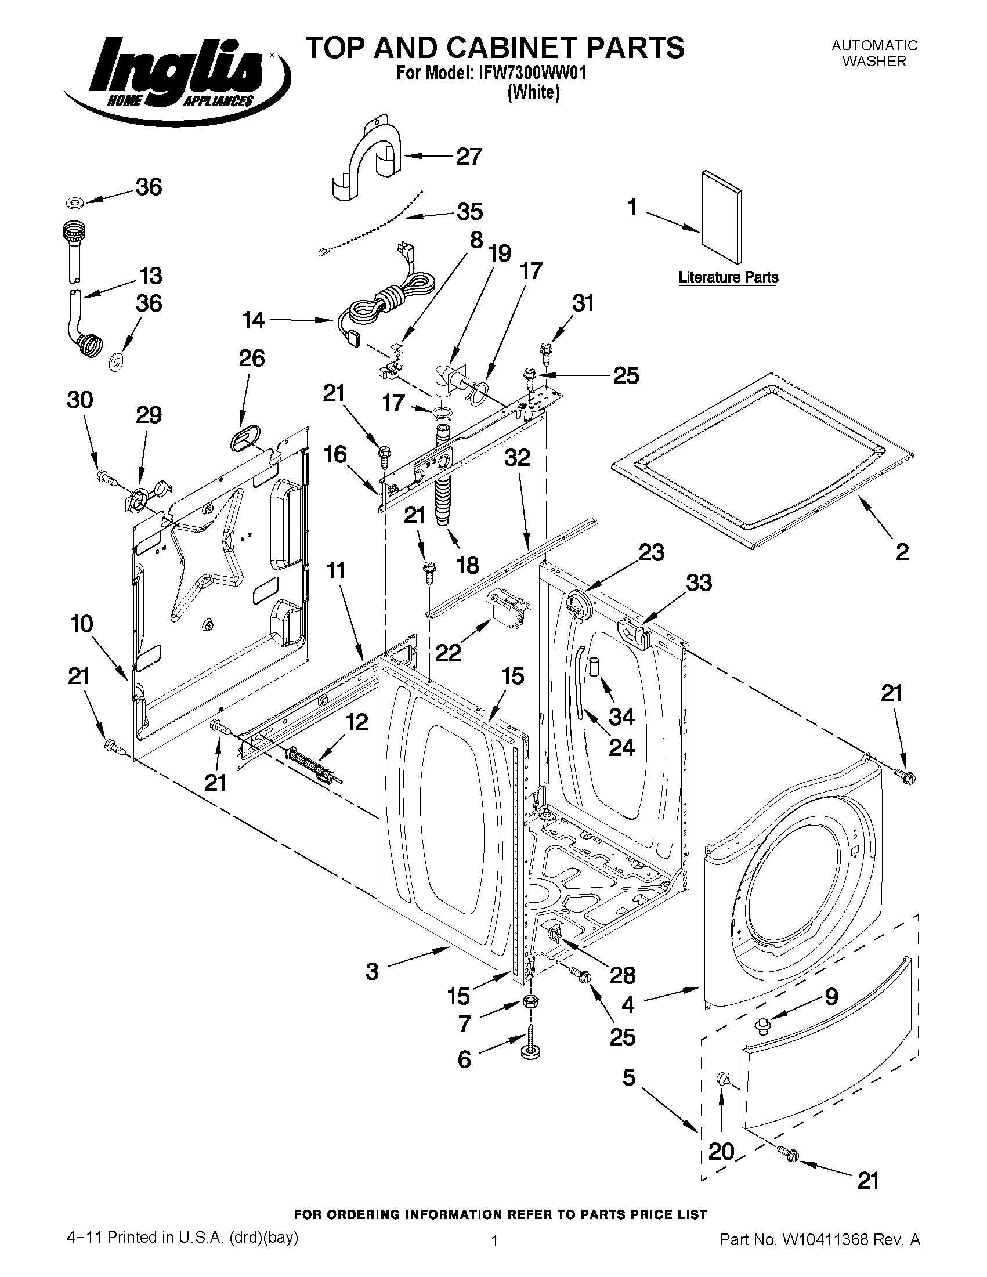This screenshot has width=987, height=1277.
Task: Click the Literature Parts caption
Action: pyautogui.click(x=728, y=277)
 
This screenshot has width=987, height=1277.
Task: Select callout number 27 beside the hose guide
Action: pyautogui.click(x=468, y=157)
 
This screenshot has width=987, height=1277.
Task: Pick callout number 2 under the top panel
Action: pyautogui.click(x=902, y=551)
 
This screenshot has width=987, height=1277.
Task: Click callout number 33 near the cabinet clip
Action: pyautogui.click(x=699, y=583)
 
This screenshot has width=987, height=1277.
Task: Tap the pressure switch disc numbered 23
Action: pyautogui.click(x=577, y=602)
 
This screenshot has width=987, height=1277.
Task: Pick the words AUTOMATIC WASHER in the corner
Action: pyautogui.click(x=874, y=53)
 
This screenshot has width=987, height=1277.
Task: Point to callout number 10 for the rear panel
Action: pyautogui.click(x=82, y=624)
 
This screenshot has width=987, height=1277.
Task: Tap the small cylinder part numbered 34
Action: pyautogui.click(x=594, y=667)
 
